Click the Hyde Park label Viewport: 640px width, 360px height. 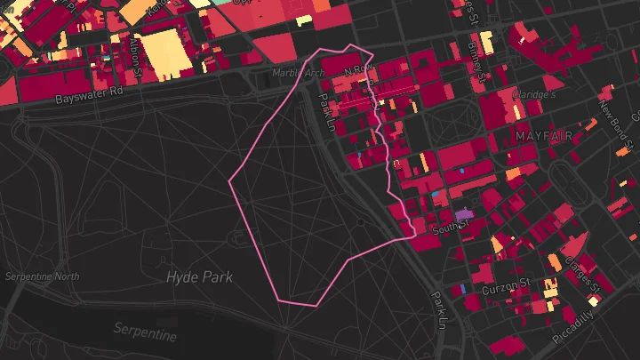(199, 277)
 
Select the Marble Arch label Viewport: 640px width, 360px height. (298, 73)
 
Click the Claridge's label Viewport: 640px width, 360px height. (534, 94)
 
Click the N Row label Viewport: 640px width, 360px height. (355, 68)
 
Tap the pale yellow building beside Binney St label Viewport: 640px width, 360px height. (486, 43)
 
